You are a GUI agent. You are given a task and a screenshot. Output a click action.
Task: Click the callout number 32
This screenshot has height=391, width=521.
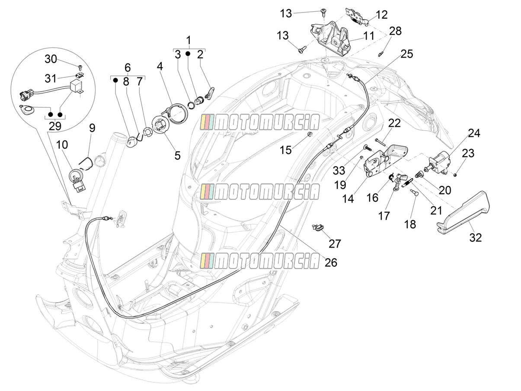tap(476, 237)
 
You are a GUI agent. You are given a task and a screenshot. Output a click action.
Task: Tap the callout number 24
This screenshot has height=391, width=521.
tap(474, 133)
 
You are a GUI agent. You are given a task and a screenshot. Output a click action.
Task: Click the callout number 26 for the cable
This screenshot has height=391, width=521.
tap(331, 263)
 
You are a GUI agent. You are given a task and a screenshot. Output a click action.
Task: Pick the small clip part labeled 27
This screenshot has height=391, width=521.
tap(317, 227)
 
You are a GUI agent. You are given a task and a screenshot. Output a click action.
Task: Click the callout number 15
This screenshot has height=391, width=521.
tap(285, 150)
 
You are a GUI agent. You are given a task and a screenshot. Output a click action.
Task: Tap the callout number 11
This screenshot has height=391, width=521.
tap(369, 36)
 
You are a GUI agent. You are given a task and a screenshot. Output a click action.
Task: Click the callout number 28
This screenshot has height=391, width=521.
tap(395, 31)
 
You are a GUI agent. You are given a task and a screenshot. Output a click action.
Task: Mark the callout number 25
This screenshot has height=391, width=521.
tap(406, 54)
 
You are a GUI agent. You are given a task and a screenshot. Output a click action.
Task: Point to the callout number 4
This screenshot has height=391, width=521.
tap(160, 66)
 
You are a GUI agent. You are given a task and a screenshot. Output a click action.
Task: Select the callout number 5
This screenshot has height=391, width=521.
tap(178, 156)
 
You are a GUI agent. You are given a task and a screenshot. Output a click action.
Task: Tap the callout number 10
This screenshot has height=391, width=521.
tap(62, 144)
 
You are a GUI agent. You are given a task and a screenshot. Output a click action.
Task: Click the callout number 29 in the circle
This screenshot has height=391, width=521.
tap(55, 126)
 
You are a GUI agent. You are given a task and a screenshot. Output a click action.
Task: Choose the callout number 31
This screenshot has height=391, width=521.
tap(51, 78)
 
